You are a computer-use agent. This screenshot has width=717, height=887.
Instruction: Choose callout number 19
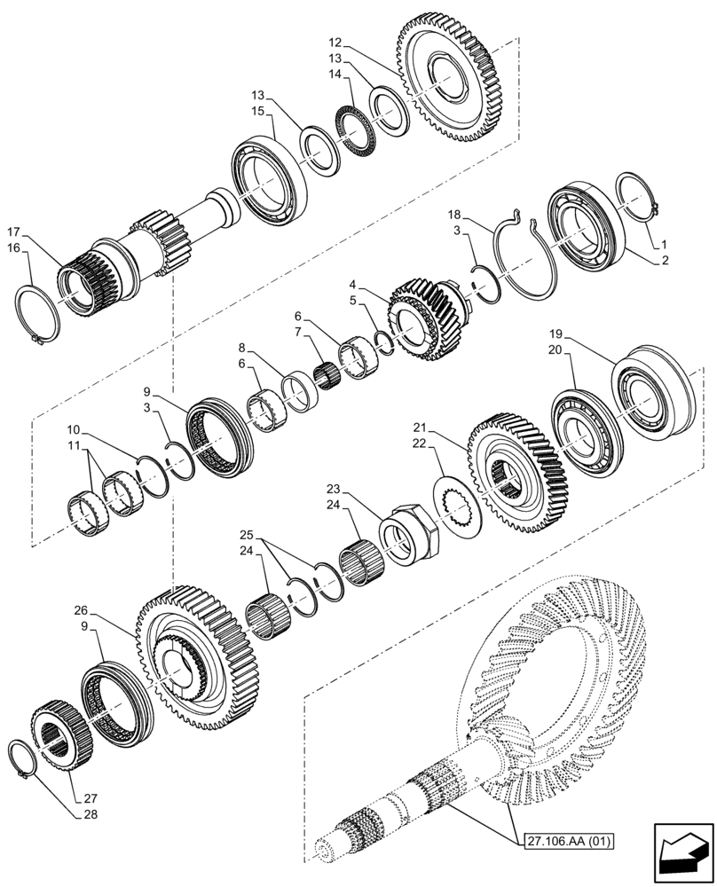[555, 334]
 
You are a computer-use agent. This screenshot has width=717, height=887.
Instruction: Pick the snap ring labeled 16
[40, 313]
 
